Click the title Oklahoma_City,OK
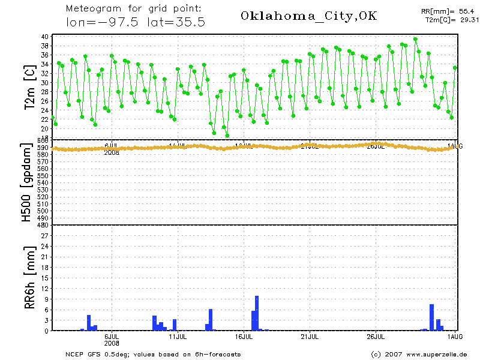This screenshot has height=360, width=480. click(308, 16)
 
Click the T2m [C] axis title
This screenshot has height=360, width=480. click(29, 88)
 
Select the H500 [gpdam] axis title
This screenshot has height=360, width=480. click(27, 183)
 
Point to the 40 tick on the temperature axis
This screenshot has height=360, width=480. click(44, 37)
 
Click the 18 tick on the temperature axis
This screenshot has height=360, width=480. click(44, 137)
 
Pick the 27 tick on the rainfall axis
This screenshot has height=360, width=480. click(44, 235)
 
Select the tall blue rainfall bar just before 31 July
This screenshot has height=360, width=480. click(431, 317)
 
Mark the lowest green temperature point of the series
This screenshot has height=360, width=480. click(227, 136)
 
